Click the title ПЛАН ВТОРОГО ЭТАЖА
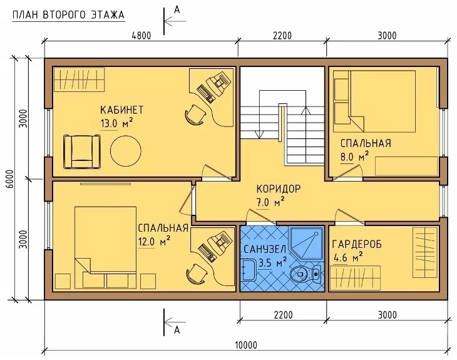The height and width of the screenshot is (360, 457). pyautogui.click(x=68, y=15)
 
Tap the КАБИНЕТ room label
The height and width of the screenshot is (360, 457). pyautogui.click(x=122, y=110)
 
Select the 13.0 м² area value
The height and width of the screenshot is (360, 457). pyautogui.click(x=116, y=123)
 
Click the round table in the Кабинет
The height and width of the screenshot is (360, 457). pyautogui.click(x=126, y=151)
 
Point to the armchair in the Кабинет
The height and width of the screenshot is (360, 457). pyautogui.click(x=82, y=152)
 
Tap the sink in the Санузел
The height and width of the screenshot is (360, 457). pyautogui.click(x=248, y=270)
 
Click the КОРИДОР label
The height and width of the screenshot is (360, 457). pyautogui.click(x=279, y=189)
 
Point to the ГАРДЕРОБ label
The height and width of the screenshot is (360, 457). pyautogui.click(x=357, y=244)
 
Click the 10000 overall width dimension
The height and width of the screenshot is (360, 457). pyautogui.click(x=246, y=345)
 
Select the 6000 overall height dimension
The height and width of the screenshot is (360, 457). pyautogui.click(x=9, y=179)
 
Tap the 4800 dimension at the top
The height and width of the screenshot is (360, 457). pyautogui.click(x=141, y=36)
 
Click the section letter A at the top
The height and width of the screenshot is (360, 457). pyautogui.click(x=177, y=10)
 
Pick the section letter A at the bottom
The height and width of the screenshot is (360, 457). pyautogui.click(x=177, y=331)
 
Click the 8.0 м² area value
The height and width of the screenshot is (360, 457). pyautogui.click(x=354, y=157)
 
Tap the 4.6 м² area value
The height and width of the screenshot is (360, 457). pyautogui.click(x=348, y=257)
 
